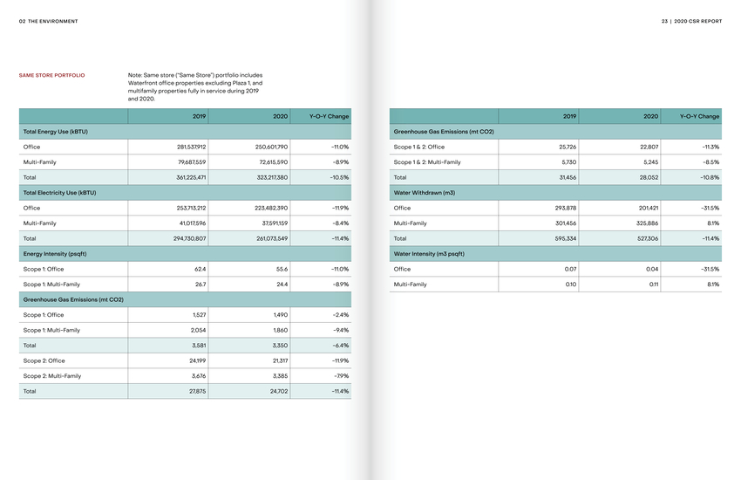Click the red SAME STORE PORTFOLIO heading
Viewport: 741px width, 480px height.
pos(52,76)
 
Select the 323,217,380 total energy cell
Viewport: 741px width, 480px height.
pos(268,177)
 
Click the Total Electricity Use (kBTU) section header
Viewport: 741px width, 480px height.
pos(59,193)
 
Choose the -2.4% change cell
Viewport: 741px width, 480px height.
pos(341,315)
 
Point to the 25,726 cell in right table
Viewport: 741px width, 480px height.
pos(567,147)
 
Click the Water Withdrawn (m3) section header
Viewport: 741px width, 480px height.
pos(425,193)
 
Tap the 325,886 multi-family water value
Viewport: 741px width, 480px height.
pos(645,223)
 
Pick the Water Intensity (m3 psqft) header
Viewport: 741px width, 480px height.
pos(429,254)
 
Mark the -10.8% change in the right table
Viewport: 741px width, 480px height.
pos(710,177)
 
